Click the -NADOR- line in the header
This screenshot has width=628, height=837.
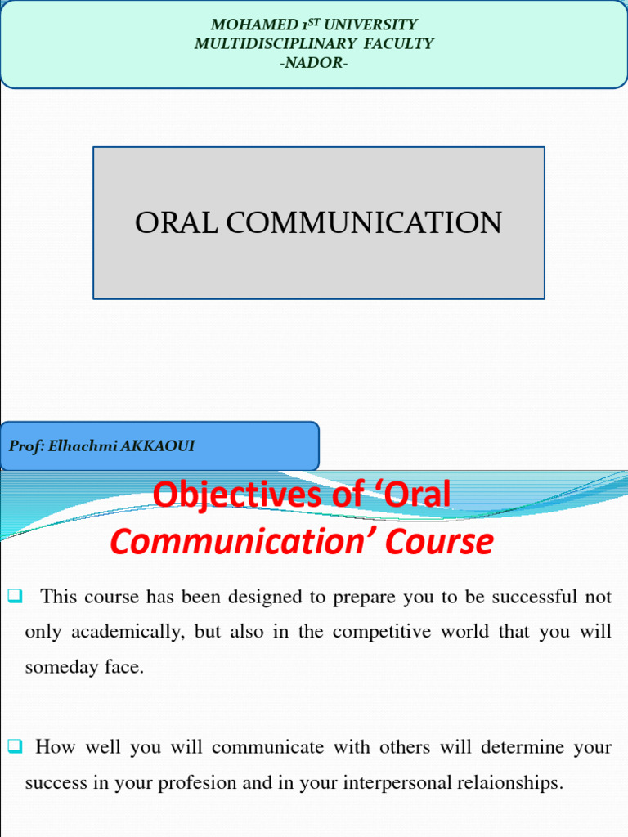click(314, 62)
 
